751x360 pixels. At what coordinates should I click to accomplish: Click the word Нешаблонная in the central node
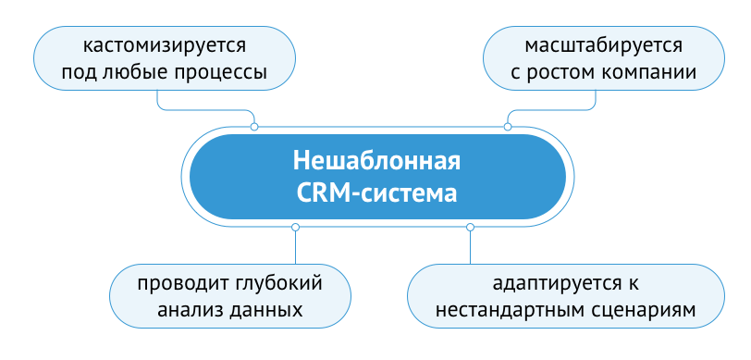click(376, 161)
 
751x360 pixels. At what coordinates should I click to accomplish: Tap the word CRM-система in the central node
click(376, 194)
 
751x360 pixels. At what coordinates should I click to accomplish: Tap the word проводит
click(178, 282)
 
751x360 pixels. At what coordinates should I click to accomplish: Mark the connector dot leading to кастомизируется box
click(253, 127)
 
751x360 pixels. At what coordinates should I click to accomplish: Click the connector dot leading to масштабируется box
click(507, 127)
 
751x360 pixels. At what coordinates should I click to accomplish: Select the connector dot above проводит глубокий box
click(295, 227)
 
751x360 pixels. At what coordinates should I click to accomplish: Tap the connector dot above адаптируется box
click(470, 227)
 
